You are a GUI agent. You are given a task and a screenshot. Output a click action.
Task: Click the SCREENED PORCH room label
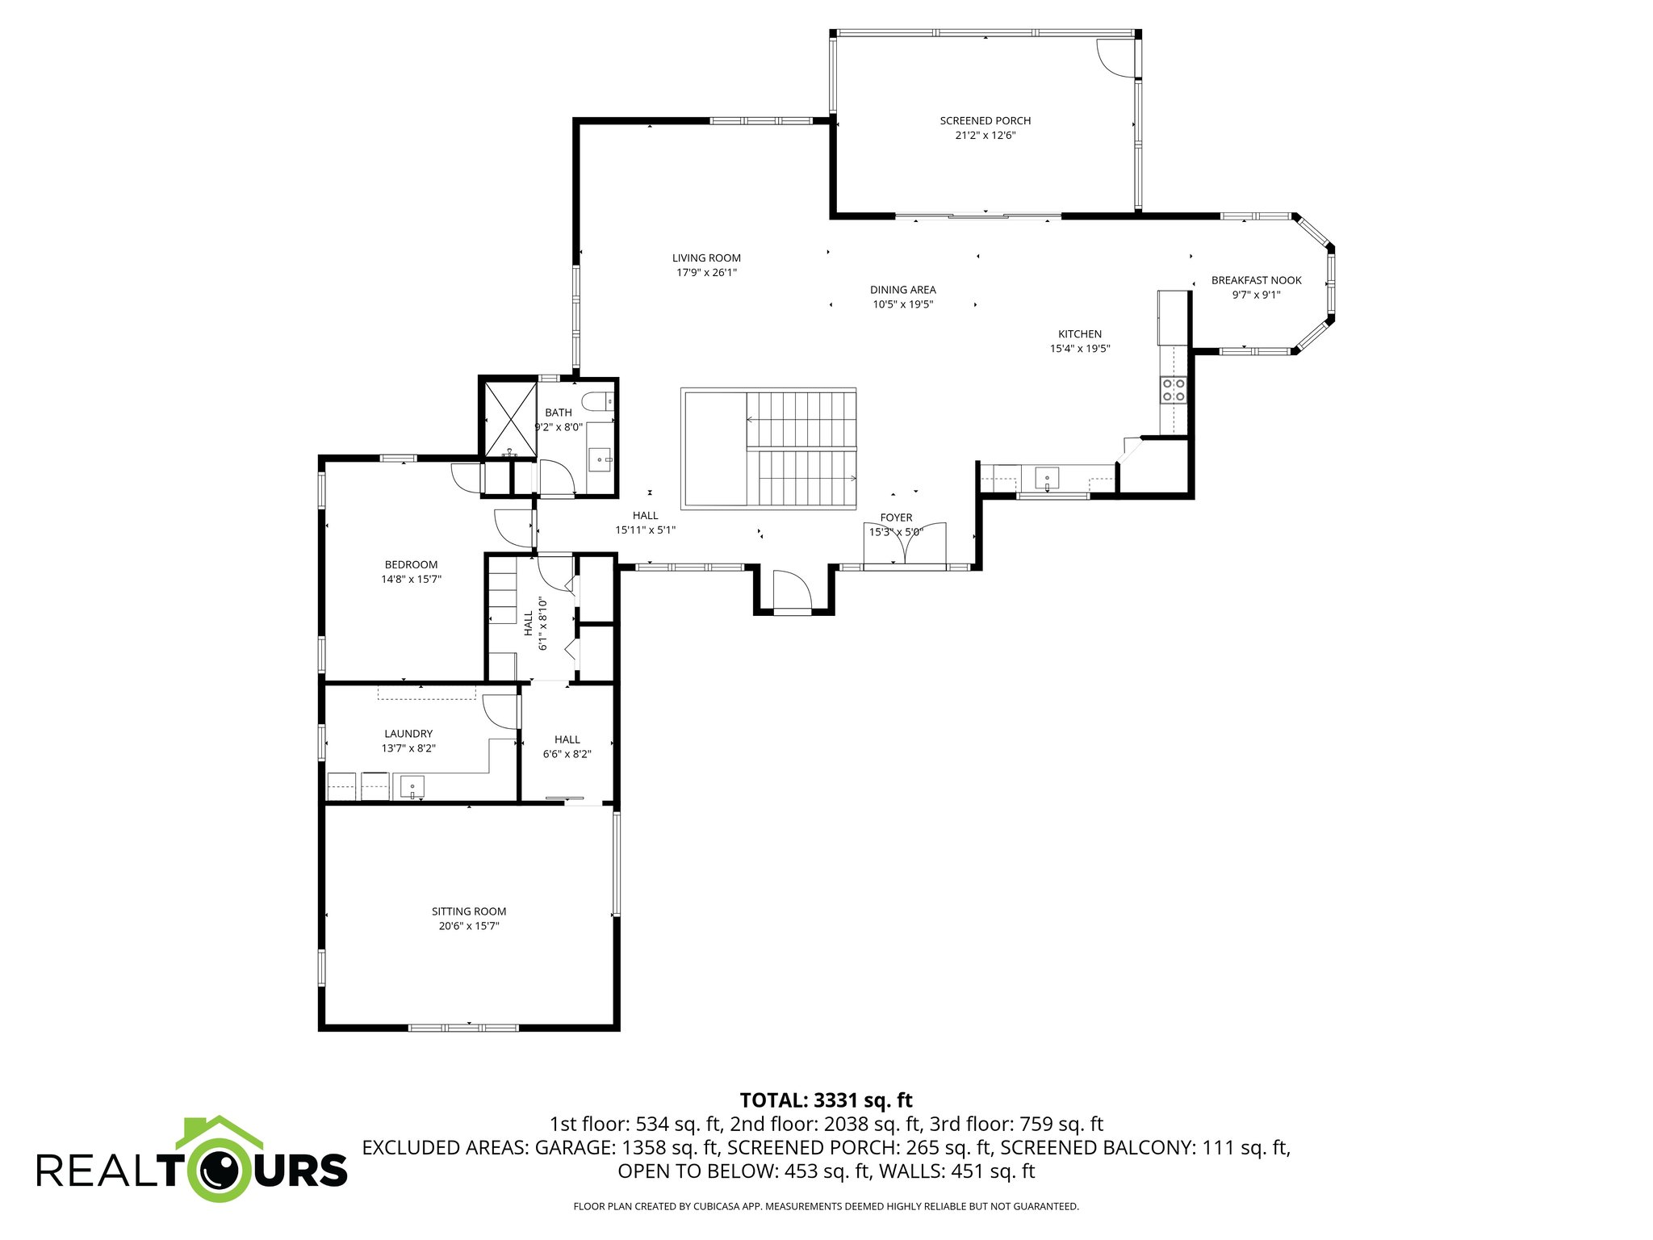coord(985,121)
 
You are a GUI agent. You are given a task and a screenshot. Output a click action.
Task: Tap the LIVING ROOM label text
coord(706,258)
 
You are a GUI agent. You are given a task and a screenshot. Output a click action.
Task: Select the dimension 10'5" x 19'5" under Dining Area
coord(902,304)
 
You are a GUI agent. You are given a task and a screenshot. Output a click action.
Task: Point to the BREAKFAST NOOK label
coord(1256,280)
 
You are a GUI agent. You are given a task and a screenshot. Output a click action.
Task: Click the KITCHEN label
coord(1079,334)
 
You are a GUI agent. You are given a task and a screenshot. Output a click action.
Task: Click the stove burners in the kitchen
coord(1173,390)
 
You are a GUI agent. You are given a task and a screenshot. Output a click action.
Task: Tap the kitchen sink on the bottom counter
coord(1047,479)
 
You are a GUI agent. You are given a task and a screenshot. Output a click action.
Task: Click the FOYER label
coord(896,517)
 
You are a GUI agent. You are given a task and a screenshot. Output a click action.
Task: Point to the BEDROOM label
coord(411,564)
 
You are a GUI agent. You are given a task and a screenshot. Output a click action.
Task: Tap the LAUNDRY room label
coord(408,734)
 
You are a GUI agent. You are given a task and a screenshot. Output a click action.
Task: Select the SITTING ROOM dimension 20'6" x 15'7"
coord(468,926)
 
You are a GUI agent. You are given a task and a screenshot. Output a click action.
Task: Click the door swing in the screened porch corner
coord(1114,57)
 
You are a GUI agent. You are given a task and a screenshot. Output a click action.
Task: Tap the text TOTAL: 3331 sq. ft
coord(826,1100)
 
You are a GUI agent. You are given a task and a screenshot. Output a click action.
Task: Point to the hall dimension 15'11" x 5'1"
coord(645,530)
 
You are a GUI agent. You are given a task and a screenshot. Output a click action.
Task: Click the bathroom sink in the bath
coord(601,459)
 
